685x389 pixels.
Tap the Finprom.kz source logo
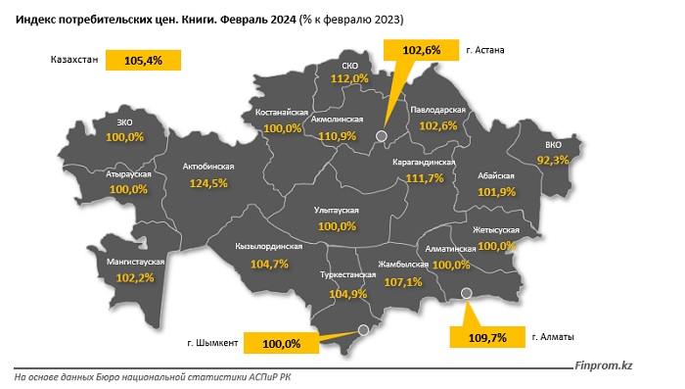(604, 365)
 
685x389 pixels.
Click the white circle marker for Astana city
(382, 137)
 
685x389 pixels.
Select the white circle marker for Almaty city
(466, 291)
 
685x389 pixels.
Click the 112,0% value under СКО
(349, 78)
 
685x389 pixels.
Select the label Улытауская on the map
(336, 211)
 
